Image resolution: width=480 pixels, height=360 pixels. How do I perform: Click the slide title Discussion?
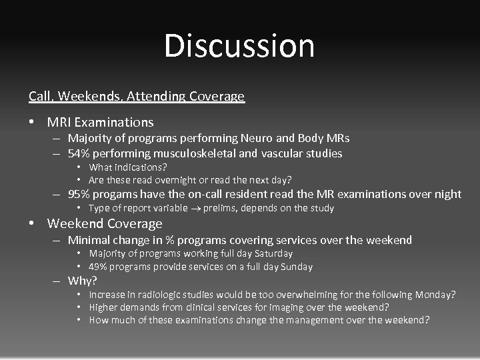click(239, 46)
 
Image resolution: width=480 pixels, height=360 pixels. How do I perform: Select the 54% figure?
click(79, 154)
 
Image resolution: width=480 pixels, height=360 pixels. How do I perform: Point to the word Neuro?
click(256, 139)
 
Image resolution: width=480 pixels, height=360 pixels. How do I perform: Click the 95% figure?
click(79, 195)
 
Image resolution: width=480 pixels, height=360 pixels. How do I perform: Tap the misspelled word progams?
click(118, 195)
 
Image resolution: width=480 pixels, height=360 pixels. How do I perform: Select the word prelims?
click(217, 209)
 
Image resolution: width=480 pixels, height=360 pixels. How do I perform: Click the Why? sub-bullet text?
click(83, 281)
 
